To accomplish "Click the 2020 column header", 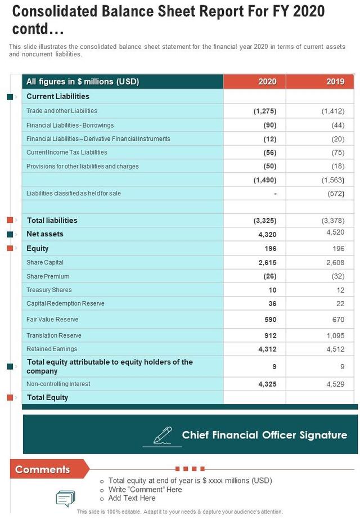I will (267, 82).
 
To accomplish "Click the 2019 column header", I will (335, 82).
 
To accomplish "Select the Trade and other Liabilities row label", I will (62, 111).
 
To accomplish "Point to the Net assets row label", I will (45, 234).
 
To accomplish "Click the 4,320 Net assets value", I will (267, 234).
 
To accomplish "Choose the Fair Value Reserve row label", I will (52, 319).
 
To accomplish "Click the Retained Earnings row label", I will (52, 349).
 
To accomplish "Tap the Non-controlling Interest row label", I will (58, 384).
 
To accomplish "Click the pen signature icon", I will (163, 436).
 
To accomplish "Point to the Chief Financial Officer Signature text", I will (264, 435).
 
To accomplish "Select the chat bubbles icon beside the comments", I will (65, 498).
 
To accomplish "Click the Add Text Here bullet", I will (132, 498).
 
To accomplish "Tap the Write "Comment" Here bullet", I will (145, 490).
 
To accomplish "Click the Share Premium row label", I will (48, 276).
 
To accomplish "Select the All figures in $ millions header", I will (83, 82).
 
